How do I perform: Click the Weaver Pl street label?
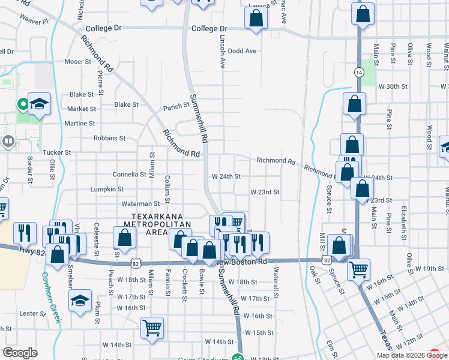[34, 21]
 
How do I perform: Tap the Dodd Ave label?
[242, 51]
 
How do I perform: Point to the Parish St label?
[176, 109]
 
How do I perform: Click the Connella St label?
[130, 175]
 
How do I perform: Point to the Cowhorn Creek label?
[52, 298]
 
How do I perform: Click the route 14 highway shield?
[359, 72]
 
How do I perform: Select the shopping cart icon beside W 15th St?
[152, 327]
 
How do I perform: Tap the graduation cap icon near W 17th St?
[80, 302]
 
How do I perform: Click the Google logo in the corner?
[20, 353]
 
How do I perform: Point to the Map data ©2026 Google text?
[411, 355]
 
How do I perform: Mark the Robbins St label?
[109, 138]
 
